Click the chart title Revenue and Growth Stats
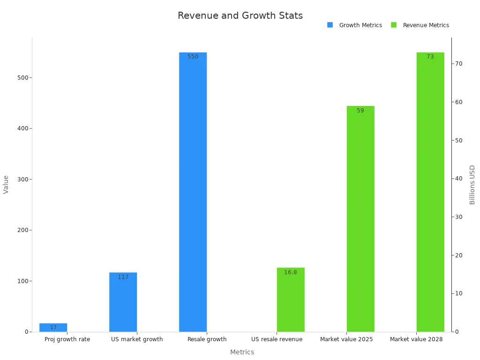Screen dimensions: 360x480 240,15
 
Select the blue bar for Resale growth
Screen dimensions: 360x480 193,192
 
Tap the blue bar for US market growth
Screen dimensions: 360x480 123,302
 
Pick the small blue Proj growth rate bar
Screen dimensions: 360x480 53,328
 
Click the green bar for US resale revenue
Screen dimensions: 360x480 291,300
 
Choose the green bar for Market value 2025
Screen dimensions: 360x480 360,219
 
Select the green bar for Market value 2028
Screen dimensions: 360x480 430,192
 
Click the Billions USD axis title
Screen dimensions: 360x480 472,185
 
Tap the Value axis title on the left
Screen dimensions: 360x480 6,185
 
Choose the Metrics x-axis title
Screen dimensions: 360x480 242,352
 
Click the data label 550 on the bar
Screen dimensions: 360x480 193,57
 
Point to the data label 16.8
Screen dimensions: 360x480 291,272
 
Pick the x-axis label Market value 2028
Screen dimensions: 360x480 416,339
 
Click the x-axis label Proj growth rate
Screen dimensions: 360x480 67,339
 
